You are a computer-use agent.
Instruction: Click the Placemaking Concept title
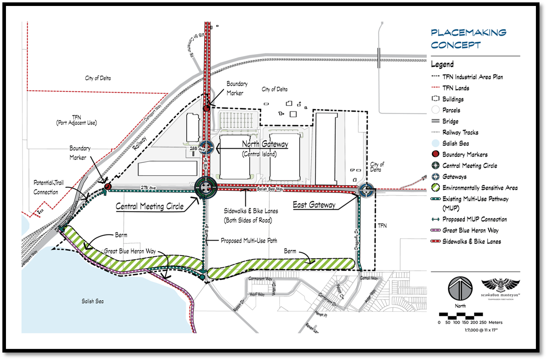pos(468,39)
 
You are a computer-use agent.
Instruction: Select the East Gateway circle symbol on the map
pos(366,190)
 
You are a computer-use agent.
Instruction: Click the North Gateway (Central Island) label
pos(265,148)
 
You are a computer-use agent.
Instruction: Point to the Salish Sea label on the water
pos(93,301)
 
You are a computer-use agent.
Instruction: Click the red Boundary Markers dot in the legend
pos(435,154)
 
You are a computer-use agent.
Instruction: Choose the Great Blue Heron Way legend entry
pos(470,230)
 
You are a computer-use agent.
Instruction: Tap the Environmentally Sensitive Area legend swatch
pos(435,188)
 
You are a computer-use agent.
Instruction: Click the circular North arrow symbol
pos(460,289)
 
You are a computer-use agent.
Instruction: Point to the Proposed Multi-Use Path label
pos(249,240)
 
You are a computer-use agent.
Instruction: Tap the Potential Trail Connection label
pos(48,187)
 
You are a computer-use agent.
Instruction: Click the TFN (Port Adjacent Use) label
pos(76,120)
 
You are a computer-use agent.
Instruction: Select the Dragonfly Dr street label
pos(357,239)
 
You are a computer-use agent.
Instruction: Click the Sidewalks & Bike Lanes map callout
pos(251,215)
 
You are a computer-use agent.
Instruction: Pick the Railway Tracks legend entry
pos(460,132)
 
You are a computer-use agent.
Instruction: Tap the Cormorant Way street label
pos(260,279)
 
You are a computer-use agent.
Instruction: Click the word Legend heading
pos(442,64)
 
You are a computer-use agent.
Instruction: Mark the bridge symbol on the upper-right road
pos(379,58)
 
